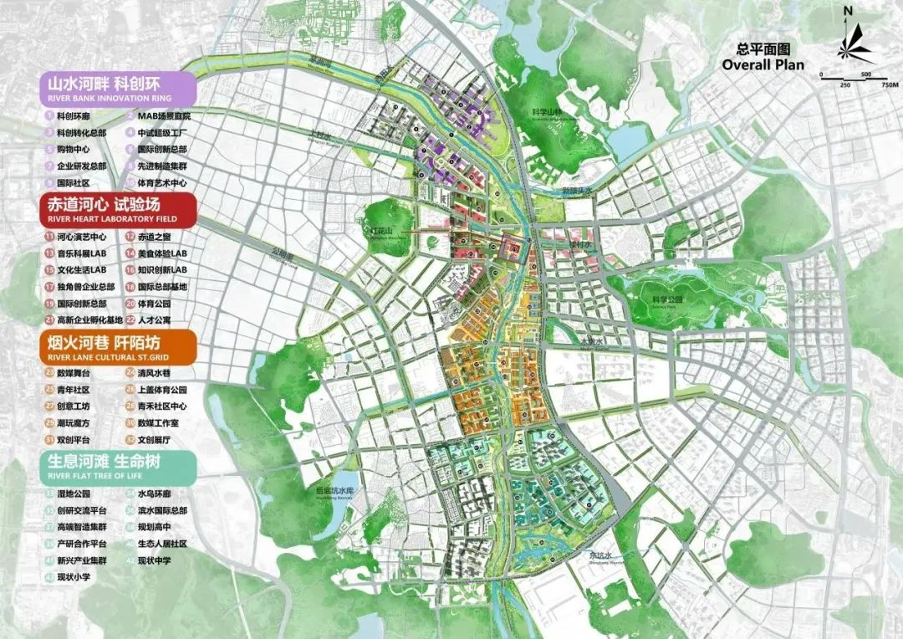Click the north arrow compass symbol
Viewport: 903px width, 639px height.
(857, 42)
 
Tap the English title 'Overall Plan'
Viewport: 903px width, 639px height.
(763, 65)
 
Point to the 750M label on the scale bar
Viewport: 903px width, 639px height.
(889, 85)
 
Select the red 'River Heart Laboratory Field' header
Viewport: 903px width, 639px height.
(117, 209)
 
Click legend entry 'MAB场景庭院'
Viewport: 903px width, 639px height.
(164, 116)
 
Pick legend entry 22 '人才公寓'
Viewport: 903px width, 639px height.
(155, 319)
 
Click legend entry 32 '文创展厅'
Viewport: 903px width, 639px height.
(155, 439)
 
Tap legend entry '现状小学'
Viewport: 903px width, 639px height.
(73, 576)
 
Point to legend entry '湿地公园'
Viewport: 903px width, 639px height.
(73, 493)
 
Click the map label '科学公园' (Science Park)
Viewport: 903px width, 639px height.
(666, 299)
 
